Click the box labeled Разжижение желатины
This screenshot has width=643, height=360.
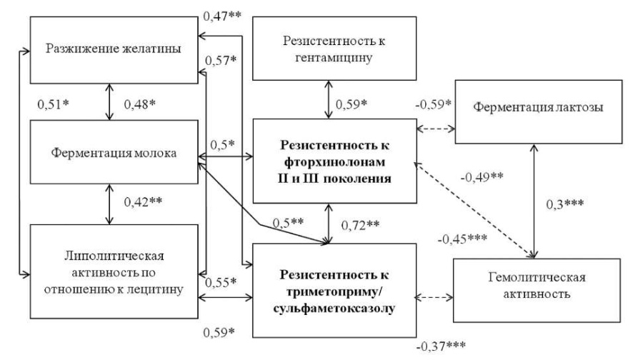click(114, 50)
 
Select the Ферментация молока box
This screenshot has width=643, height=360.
click(114, 152)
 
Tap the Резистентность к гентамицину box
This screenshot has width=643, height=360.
click(334, 49)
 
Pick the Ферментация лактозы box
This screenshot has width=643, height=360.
click(539, 111)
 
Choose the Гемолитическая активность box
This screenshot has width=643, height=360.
click(537, 290)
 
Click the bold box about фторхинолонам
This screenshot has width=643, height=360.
click(334, 161)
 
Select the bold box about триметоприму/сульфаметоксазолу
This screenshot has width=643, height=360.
click(334, 291)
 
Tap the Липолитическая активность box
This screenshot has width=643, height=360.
click(114, 271)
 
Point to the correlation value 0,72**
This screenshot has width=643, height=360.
click(361, 225)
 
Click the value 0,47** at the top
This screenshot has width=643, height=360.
click(222, 16)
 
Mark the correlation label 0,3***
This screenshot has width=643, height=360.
click(565, 204)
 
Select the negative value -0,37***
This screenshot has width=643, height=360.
click(442, 346)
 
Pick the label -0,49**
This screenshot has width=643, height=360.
click(482, 177)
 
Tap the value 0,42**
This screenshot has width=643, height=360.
click(143, 201)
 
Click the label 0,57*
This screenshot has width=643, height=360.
click(221, 61)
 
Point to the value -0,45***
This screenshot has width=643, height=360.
click(462, 239)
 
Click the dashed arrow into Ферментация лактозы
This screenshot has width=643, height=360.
click(436, 129)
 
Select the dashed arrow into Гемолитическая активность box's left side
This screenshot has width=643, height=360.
click(434, 297)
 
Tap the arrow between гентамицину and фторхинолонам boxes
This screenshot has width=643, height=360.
click(329, 99)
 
